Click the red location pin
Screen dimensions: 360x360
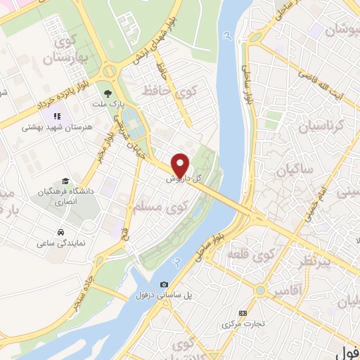coord(181,165)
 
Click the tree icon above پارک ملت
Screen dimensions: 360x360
coord(108,91)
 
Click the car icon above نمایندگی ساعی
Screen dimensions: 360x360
coord(61,232)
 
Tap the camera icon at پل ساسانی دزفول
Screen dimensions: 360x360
coord(164,285)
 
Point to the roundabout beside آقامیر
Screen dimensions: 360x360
coord(260,289)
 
